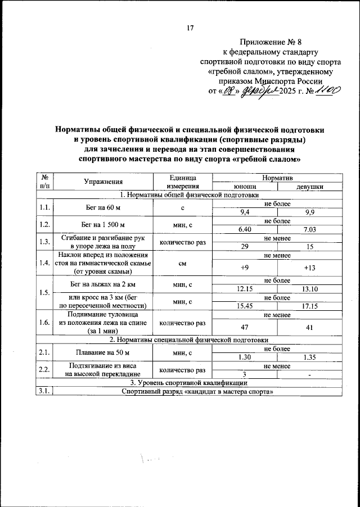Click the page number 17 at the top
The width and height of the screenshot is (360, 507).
pos(190,28)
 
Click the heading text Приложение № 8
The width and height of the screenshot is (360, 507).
pos(270,42)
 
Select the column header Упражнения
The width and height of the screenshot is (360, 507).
pos(103,181)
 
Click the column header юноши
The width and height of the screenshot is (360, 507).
pos(245,186)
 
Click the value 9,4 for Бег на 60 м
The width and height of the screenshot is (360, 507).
pos(245,212)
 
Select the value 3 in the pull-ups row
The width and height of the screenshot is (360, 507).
pos(245,374)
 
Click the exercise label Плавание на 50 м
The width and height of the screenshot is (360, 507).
pos(103,353)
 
